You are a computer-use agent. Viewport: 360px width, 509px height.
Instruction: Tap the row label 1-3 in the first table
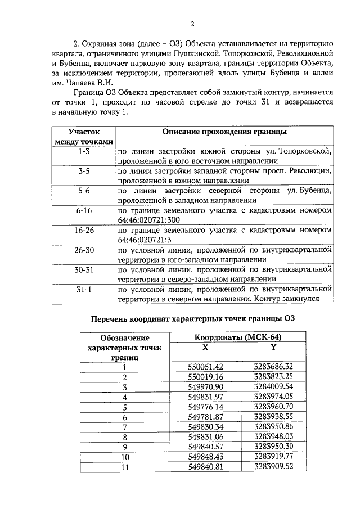point(84,152)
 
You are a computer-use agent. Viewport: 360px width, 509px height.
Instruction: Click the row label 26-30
point(84,250)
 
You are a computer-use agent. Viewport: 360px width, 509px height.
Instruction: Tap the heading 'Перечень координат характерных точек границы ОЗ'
point(193,319)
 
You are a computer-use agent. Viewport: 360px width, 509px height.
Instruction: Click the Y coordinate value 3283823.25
point(274,376)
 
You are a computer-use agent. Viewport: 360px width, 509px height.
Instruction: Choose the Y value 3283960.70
point(274,406)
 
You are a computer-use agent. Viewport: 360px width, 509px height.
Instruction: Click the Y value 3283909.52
point(274,466)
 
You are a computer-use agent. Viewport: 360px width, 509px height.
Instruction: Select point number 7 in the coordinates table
point(125,426)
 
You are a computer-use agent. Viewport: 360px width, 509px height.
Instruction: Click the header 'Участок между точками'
point(84,136)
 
